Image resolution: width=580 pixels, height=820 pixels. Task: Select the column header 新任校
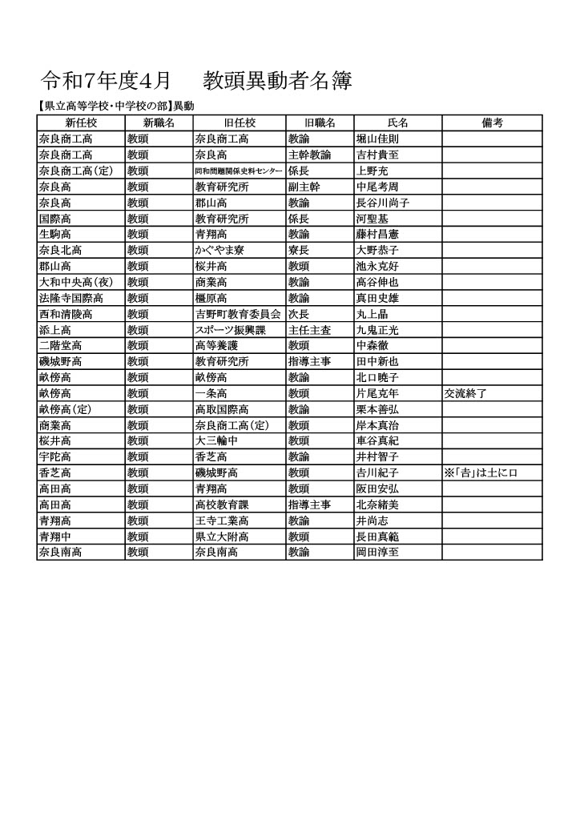pos(81,123)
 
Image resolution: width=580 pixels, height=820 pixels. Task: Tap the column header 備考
pos(492,123)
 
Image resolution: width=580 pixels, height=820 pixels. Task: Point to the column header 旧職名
pos(320,123)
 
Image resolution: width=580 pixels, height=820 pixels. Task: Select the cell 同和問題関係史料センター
pos(239,171)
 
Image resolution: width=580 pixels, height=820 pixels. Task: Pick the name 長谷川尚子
pos(383,203)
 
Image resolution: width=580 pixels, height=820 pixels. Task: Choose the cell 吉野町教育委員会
pos(238,314)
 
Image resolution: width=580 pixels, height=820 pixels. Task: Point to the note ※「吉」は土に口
pos(481,472)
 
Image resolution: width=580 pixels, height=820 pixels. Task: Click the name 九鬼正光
pos(377,330)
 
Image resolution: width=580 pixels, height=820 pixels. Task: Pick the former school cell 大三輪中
pos(215,440)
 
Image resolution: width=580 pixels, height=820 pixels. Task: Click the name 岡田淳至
pos(377,552)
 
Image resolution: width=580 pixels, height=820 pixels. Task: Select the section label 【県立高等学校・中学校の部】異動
pos(115,106)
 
